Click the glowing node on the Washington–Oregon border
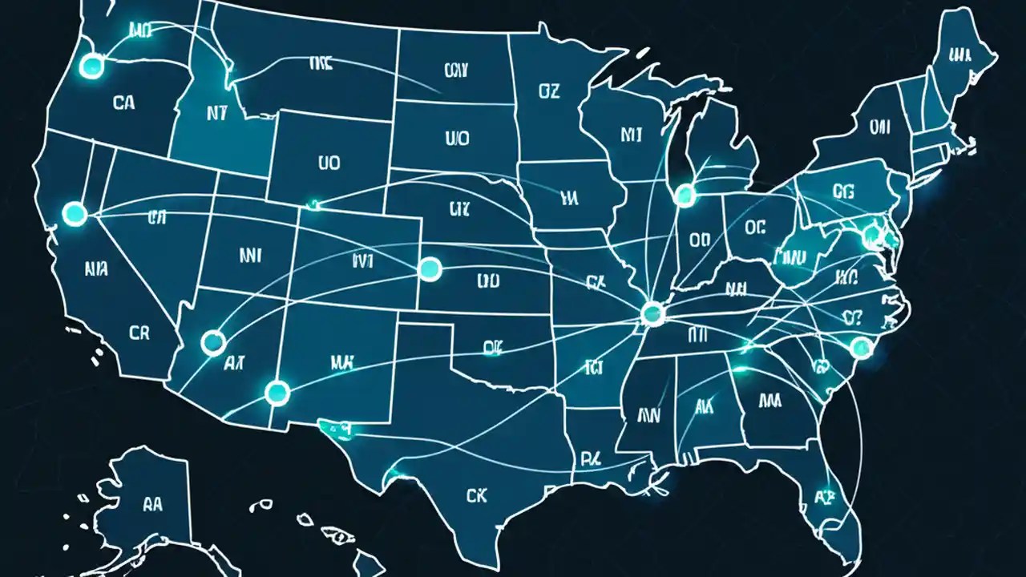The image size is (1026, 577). click(92, 67)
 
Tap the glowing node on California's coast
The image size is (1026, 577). click(75, 213)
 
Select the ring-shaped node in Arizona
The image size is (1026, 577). click(213, 342)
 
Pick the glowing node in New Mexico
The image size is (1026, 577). click(277, 392)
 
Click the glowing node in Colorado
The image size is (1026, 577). click(430, 269)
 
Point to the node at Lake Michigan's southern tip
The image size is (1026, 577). click(684, 193)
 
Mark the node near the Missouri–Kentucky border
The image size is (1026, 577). click(653, 313)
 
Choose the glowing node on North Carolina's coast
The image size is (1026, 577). click(860, 347)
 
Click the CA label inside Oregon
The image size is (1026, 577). click(124, 103)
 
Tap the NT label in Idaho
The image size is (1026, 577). click(216, 114)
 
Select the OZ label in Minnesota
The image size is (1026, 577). click(548, 92)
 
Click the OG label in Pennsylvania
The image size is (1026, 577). click(844, 191)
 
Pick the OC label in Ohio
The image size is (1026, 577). click(755, 228)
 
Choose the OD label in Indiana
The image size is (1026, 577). click(700, 239)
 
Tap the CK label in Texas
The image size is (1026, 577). click(476, 496)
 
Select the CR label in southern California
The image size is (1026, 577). click(138, 333)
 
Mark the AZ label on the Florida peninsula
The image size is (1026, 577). click(824, 496)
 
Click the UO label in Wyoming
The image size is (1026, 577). click(329, 163)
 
